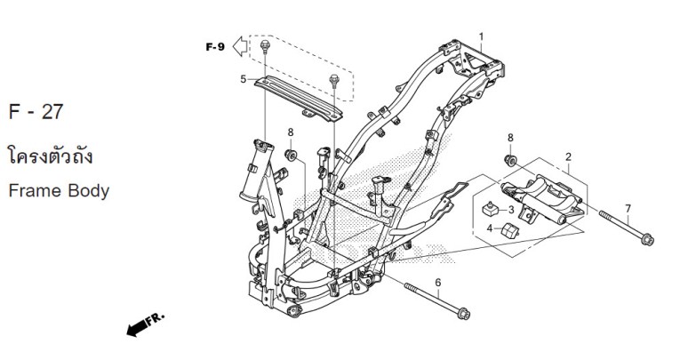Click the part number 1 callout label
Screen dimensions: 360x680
click(x=481, y=37)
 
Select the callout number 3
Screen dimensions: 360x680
click(x=511, y=210)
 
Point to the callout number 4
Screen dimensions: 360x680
click(x=488, y=228)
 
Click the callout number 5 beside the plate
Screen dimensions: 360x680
click(x=243, y=79)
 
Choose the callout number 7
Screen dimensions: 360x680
click(x=628, y=209)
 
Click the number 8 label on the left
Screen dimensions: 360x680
click(x=290, y=133)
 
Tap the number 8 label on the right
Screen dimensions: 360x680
click(x=510, y=138)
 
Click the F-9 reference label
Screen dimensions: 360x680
click(x=214, y=46)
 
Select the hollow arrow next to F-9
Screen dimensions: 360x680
click(x=239, y=46)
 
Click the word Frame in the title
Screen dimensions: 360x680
click(x=34, y=190)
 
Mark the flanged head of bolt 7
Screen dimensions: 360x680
click(x=646, y=238)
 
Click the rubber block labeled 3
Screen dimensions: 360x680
click(x=488, y=210)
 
